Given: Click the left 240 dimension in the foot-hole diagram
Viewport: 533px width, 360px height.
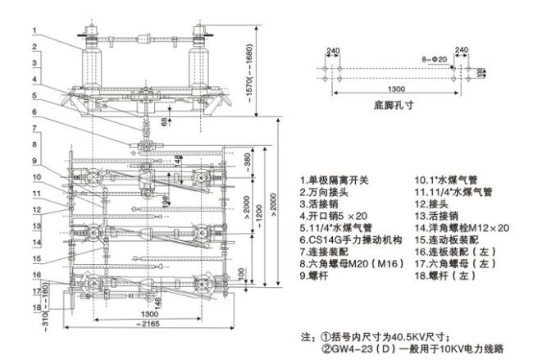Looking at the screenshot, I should tap(333, 51).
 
